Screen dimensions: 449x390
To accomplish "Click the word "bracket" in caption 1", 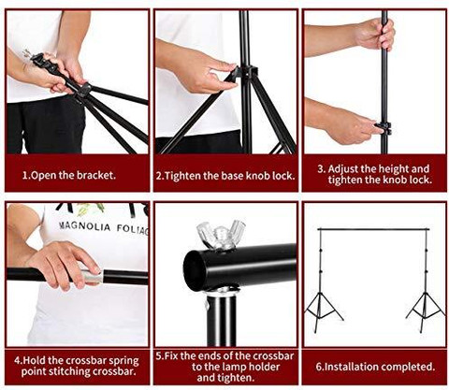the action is click(94, 175).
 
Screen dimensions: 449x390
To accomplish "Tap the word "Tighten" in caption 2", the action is click(182, 176).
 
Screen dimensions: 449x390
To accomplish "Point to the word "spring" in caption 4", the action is click(123, 361).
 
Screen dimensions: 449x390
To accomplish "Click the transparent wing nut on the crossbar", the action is click(221, 234).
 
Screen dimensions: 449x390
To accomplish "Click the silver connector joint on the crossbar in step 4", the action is click(92, 276).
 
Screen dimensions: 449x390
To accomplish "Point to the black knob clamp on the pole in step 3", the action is click(384, 128).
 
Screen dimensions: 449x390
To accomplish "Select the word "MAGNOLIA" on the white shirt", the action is click(85, 226).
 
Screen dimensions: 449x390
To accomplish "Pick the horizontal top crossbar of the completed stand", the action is click(373, 229).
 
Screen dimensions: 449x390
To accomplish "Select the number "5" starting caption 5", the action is click(159, 355).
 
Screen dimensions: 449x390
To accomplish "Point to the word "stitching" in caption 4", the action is click(65, 372).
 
